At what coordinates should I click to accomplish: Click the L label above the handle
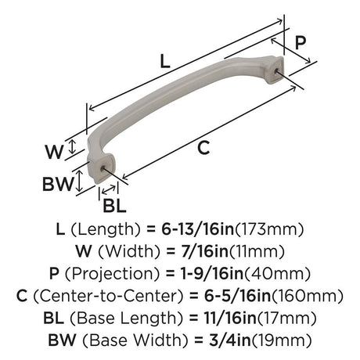coord(164,62)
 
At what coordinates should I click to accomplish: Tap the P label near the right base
coord(301,42)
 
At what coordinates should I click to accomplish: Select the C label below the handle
coord(203,148)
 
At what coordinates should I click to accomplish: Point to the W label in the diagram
coord(54,152)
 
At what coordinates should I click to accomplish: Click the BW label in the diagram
coord(58,184)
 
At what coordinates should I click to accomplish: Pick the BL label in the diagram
coord(114,206)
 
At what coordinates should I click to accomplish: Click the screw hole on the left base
coord(103,167)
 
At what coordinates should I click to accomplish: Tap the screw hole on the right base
coord(276,70)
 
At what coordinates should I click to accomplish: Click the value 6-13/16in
coord(197,229)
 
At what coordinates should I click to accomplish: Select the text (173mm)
coord(269,229)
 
